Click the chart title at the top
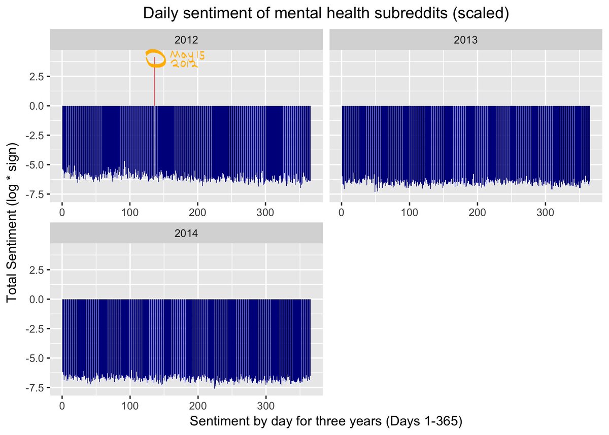[x=326, y=14]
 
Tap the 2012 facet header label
[x=186, y=40]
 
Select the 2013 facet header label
[x=466, y=40]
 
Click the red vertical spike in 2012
[x=154, y=86]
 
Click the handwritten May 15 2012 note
[x=183, y=59]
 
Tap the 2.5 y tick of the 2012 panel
[x=37, y=77]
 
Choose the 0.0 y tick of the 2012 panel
[x=37, y=106]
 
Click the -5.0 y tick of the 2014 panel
[x=36, y=358]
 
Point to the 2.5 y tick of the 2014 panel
[x=37, y=270]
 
